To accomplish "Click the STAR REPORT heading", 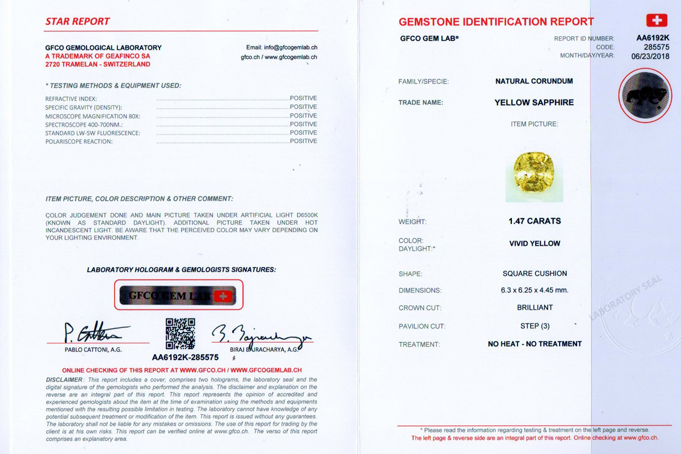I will click(77, 22).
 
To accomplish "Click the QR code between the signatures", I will click(180, 333).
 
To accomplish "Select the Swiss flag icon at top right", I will click(657, 21).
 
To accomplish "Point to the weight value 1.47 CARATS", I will click(535, 221).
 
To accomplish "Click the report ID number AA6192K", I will click(653, 38).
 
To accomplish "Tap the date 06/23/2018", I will click(650, 56).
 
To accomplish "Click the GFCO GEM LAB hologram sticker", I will click(179, 295).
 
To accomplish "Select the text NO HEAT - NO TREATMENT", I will click(535, 344).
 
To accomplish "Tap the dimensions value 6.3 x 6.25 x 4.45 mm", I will click(535, 290).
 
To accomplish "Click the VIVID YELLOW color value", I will click(535, 243).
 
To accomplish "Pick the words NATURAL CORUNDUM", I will click(534, 81).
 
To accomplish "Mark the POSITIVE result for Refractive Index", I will click(303, 98).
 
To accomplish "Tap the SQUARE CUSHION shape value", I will click(535, 274).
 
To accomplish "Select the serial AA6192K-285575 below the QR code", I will click(186, 358).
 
